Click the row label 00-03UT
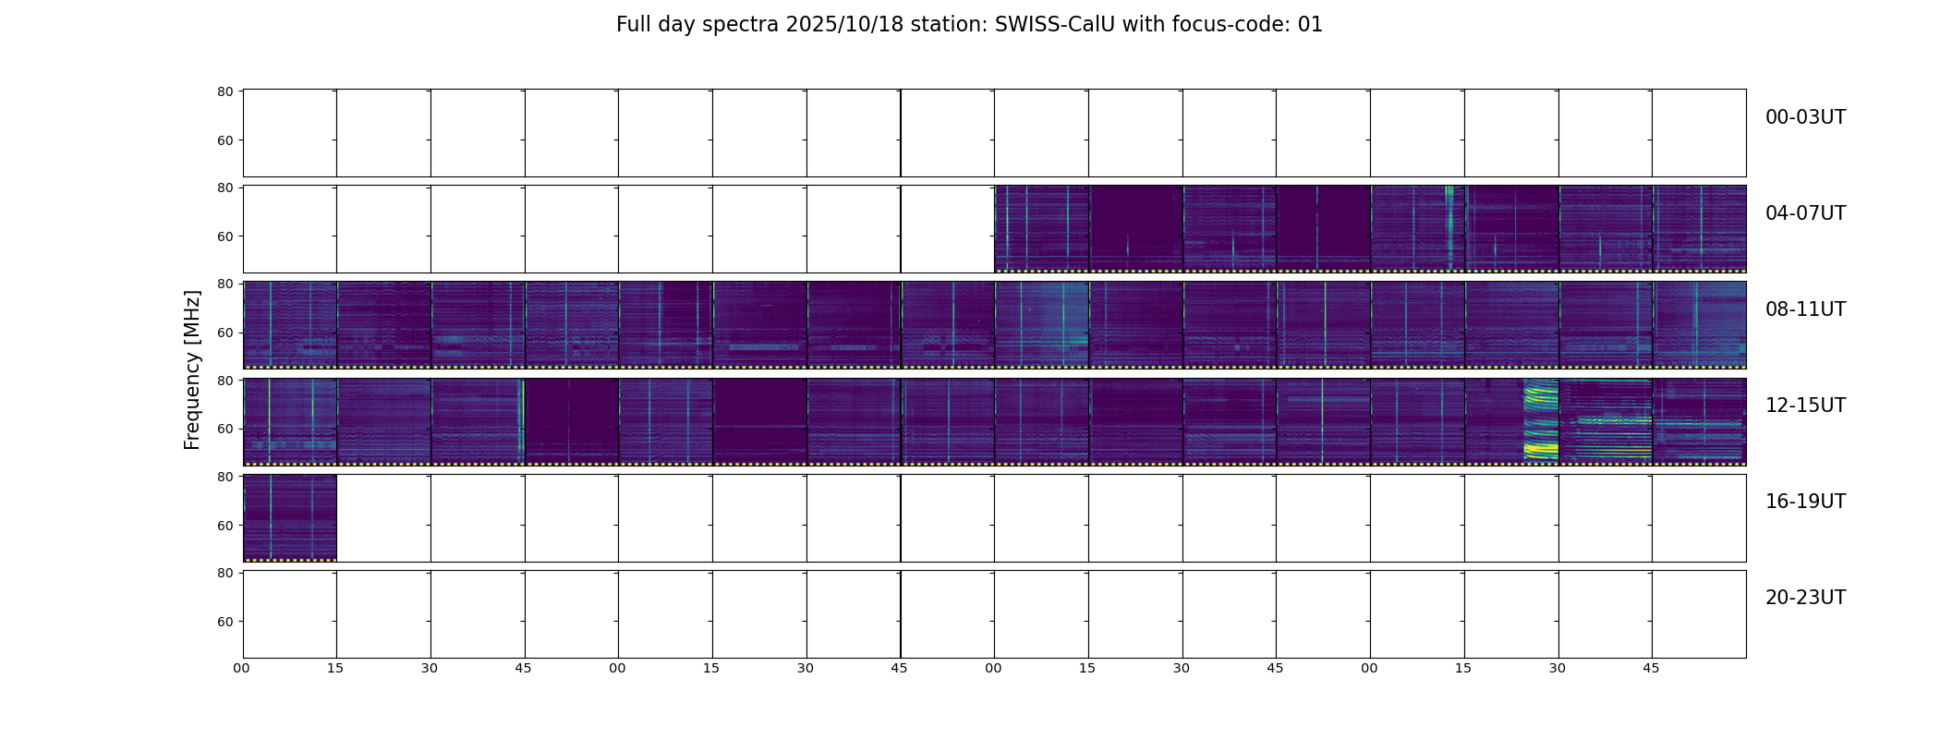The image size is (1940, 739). [x=1805, y=117]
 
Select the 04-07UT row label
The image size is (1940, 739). [x=1805, y=213]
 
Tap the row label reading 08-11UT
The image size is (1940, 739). [x=1805, y=309]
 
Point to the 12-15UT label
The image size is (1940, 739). [x=1805, y=406]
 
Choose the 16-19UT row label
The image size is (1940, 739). [x=1805, y=502]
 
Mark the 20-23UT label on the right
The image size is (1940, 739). [x=1805, y=598]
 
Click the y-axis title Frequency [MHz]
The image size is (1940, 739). [x=192, y=370]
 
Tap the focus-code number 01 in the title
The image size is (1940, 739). [x=1310, y=25]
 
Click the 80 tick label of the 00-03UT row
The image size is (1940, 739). [x=224, y=91]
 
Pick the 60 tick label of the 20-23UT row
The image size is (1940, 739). [x=224, y=622]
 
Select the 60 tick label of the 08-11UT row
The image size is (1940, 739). [x=224, y=333]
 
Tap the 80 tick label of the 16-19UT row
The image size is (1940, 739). [x=224, y=477]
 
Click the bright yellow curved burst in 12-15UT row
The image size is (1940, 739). [x=1540, y=420]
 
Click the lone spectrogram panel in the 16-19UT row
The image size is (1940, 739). [x=290, y=517]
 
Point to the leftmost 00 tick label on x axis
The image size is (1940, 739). [x=242, y=668]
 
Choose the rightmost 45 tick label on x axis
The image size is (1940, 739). [x=1651, y=668]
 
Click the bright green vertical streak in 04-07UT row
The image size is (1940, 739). [x=1449, y=226]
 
